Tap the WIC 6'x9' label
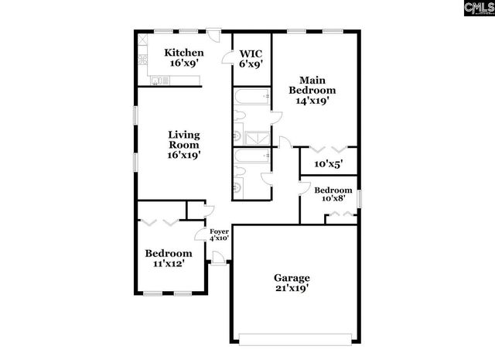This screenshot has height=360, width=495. click(x=251, y=59)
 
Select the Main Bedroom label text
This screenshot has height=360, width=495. click(x=312, y=89)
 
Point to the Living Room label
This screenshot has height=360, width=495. click(x=184, y=145)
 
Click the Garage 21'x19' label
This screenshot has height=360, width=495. click(x=292, y=283)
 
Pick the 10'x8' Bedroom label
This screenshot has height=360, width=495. click(x=333, y=194)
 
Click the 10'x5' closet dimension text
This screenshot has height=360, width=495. click(x=328, y=164)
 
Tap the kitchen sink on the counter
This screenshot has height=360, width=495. click(x=157, y=80)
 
